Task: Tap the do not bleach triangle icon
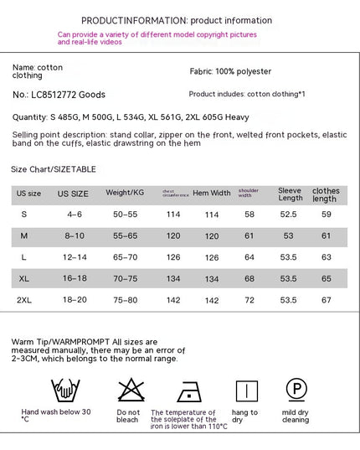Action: tap(128, 390)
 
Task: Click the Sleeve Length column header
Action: tap(290, 194)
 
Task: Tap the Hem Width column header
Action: tap(212, 193)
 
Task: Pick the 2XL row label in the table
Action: tap(24, 299)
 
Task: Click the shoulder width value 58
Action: tap(249, 215)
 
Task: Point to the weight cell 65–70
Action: tap(125, 257)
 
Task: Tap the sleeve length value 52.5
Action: tap(288, 215)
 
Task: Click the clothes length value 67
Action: tap(327, 299)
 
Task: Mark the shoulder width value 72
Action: tap(249, 299)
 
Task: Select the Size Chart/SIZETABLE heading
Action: tap(54, 169)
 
